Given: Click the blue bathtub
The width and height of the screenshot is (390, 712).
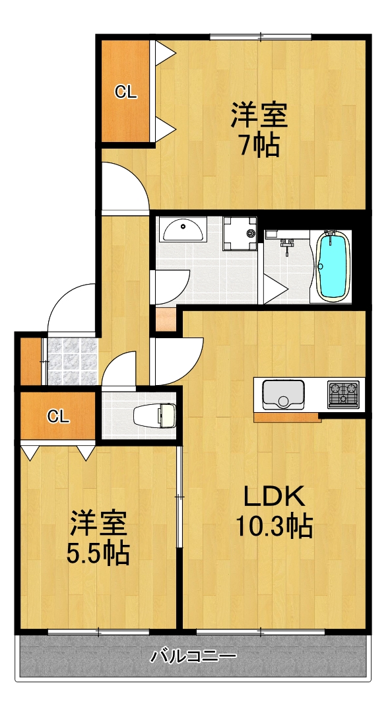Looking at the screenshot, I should pyautogui.click(x=333, y=266).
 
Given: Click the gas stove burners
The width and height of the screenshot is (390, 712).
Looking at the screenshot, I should pyautogui.click(x=344, y=394).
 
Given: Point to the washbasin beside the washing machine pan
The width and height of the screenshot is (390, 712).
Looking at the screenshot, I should pyautogui.click(x=183, y=231).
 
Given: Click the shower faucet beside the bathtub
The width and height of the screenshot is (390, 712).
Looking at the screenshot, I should pyautogui.click(x=287, y=246).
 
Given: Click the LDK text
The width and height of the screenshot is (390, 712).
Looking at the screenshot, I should pyautogui.click(x=274, y=495).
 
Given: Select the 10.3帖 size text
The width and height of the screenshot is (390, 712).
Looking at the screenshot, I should pyautogui.click(x=274, y=526).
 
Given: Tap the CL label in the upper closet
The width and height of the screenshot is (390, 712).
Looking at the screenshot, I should pyautogui.click(x=125, y=92).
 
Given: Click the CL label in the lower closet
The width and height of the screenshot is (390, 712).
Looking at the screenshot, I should pyautogui.click(x=58, y=416).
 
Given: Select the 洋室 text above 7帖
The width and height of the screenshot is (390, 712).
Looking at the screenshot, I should pyautogui.click(x=259, y=116).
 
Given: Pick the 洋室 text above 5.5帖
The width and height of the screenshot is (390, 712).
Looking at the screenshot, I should pyautogui.click(x=98, y=523).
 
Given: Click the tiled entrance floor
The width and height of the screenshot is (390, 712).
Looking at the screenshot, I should pyautogui.click(x=71, y=361).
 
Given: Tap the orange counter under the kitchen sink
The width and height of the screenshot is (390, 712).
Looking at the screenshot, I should pyautogui.click(x=286, y=417).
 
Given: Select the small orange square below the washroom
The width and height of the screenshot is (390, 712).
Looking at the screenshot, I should pyautogui.click(x=164, y=320).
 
